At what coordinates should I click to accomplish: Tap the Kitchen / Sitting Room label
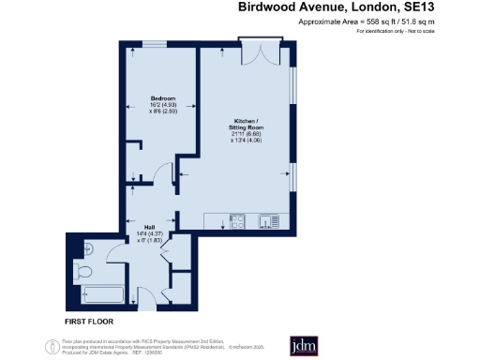point(247,123)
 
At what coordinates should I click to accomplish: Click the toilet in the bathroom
point(84,272)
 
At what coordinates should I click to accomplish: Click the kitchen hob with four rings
point(238,222)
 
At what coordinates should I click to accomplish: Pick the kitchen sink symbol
point(266,222)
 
